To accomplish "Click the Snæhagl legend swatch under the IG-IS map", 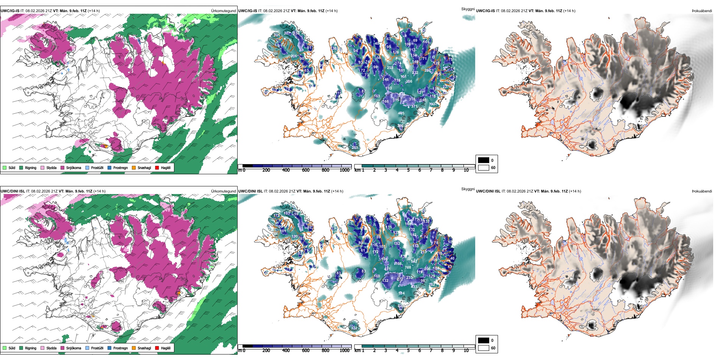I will (134, 167).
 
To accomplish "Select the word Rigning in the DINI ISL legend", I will (31, 348).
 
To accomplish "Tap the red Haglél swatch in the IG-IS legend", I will (157, 167).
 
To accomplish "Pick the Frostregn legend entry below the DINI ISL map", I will (120, 348).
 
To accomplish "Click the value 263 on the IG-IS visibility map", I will (355, 148).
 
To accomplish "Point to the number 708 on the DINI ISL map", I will (408, 268).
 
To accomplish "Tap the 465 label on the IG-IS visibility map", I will (401, 113).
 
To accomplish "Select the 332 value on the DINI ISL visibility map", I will (354, 328).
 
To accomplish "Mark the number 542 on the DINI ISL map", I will (414, 261).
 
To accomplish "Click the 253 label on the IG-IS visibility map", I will (390, 68).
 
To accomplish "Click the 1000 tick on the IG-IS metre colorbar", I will (344, 171).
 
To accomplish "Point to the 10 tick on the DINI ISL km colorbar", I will (466, 351).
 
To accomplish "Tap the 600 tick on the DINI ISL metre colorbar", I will (305, 351).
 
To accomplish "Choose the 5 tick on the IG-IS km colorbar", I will (408, 171).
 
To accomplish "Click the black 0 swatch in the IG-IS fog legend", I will (484, 160).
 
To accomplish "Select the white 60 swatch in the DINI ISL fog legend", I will (484, 348).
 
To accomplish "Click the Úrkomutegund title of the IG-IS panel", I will (223, 11).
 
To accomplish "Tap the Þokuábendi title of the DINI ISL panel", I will (702, 191).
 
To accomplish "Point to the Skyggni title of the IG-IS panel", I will (468, 9).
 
